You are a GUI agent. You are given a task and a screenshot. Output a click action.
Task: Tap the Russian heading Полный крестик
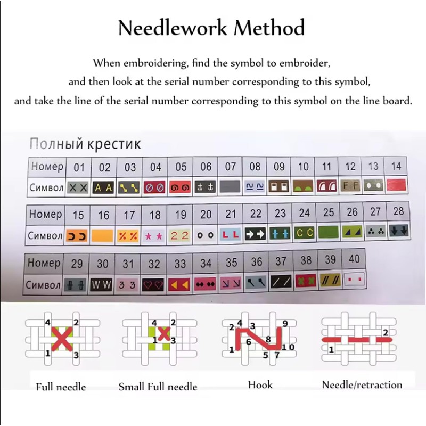click(x=85, y=144)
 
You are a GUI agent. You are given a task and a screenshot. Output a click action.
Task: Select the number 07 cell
click(x=230, y=167)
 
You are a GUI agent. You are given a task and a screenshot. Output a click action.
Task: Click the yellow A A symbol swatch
click(x=104, y=187)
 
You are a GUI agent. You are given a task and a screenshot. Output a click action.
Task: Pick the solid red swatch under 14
click(x=397, y=186)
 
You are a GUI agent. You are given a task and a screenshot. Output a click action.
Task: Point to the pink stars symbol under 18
click(x=155, y=235)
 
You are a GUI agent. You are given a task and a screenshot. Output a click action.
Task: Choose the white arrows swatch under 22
click(x=255, y=234)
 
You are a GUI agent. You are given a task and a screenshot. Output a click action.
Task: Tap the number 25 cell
click(x=329, y=213)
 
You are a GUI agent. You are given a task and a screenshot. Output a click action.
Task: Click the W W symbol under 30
click(x=101, y=285)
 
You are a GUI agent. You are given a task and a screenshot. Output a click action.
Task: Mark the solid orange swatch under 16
click(x=104, y=235)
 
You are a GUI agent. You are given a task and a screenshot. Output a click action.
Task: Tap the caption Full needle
click(x=61, y=386)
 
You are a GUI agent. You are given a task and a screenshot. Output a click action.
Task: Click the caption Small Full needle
click(x=158, y=387)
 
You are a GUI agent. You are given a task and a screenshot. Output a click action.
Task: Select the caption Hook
click(x=260, y=384)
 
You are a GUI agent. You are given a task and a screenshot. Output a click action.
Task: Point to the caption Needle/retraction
click(x=362, y=384)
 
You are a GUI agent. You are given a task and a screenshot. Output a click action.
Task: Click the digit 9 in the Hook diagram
click(x=285, y=323)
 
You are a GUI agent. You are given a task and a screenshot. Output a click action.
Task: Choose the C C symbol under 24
click(x=304, y=233)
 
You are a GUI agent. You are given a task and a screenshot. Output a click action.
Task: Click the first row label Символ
click(x=47, y=188)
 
